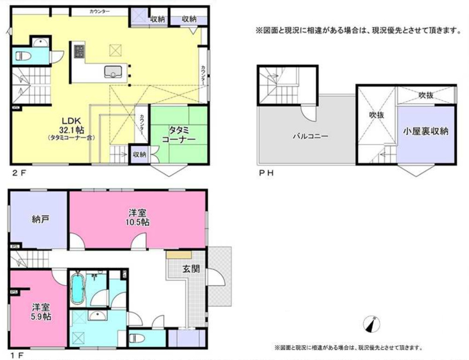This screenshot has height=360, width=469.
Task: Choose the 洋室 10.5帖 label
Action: coord(138,218)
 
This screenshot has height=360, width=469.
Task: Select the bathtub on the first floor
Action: coord(77,289)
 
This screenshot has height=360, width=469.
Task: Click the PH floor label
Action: coord(265,172)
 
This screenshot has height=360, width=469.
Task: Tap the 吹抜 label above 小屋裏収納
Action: coord(426,95)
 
